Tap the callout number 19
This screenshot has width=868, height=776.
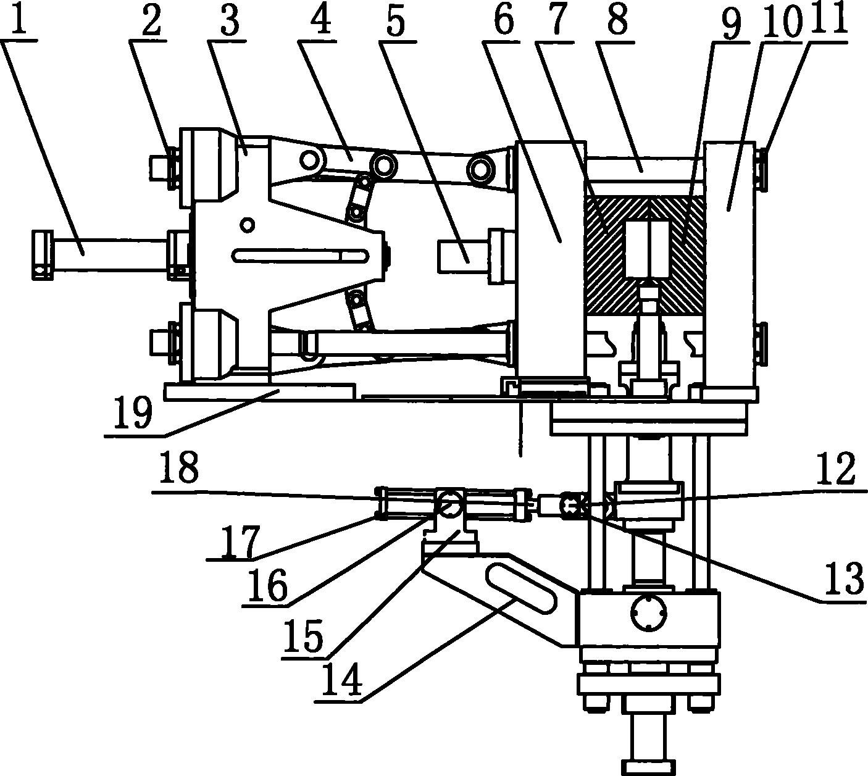(133, 412)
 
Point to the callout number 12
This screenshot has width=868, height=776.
(835, 470)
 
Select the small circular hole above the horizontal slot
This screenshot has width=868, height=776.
(247, 224)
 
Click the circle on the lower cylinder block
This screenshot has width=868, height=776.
(649, 613)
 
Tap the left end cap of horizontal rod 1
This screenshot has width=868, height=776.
(43, 255)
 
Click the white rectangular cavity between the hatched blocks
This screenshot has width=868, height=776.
(648, 249)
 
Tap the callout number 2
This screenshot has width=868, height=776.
(151, 20)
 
